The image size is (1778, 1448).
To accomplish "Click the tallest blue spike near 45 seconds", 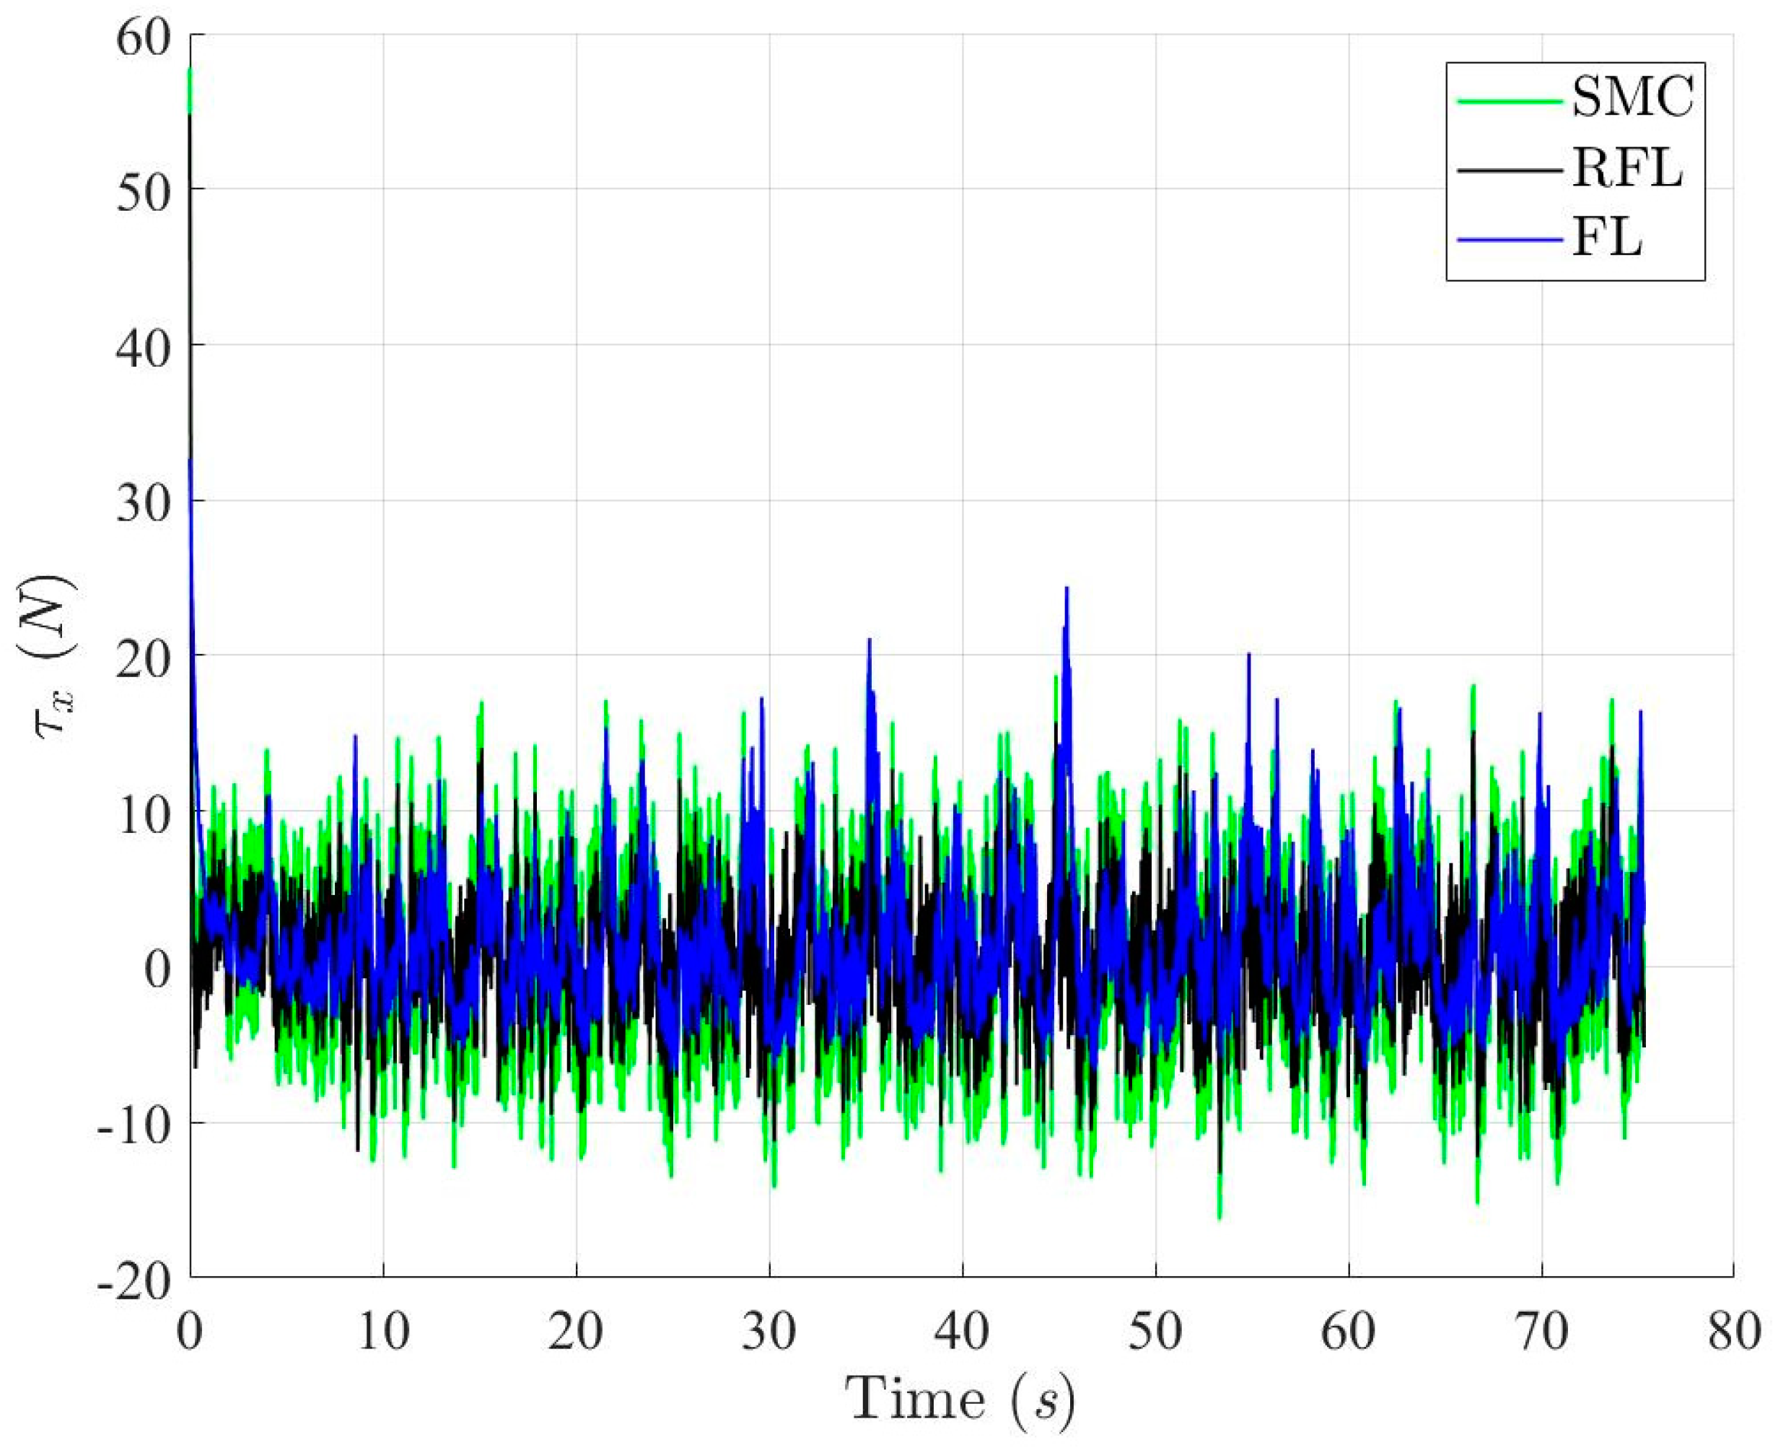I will click(1066, 590).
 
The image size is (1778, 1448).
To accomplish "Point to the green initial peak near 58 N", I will click(190, 74).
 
